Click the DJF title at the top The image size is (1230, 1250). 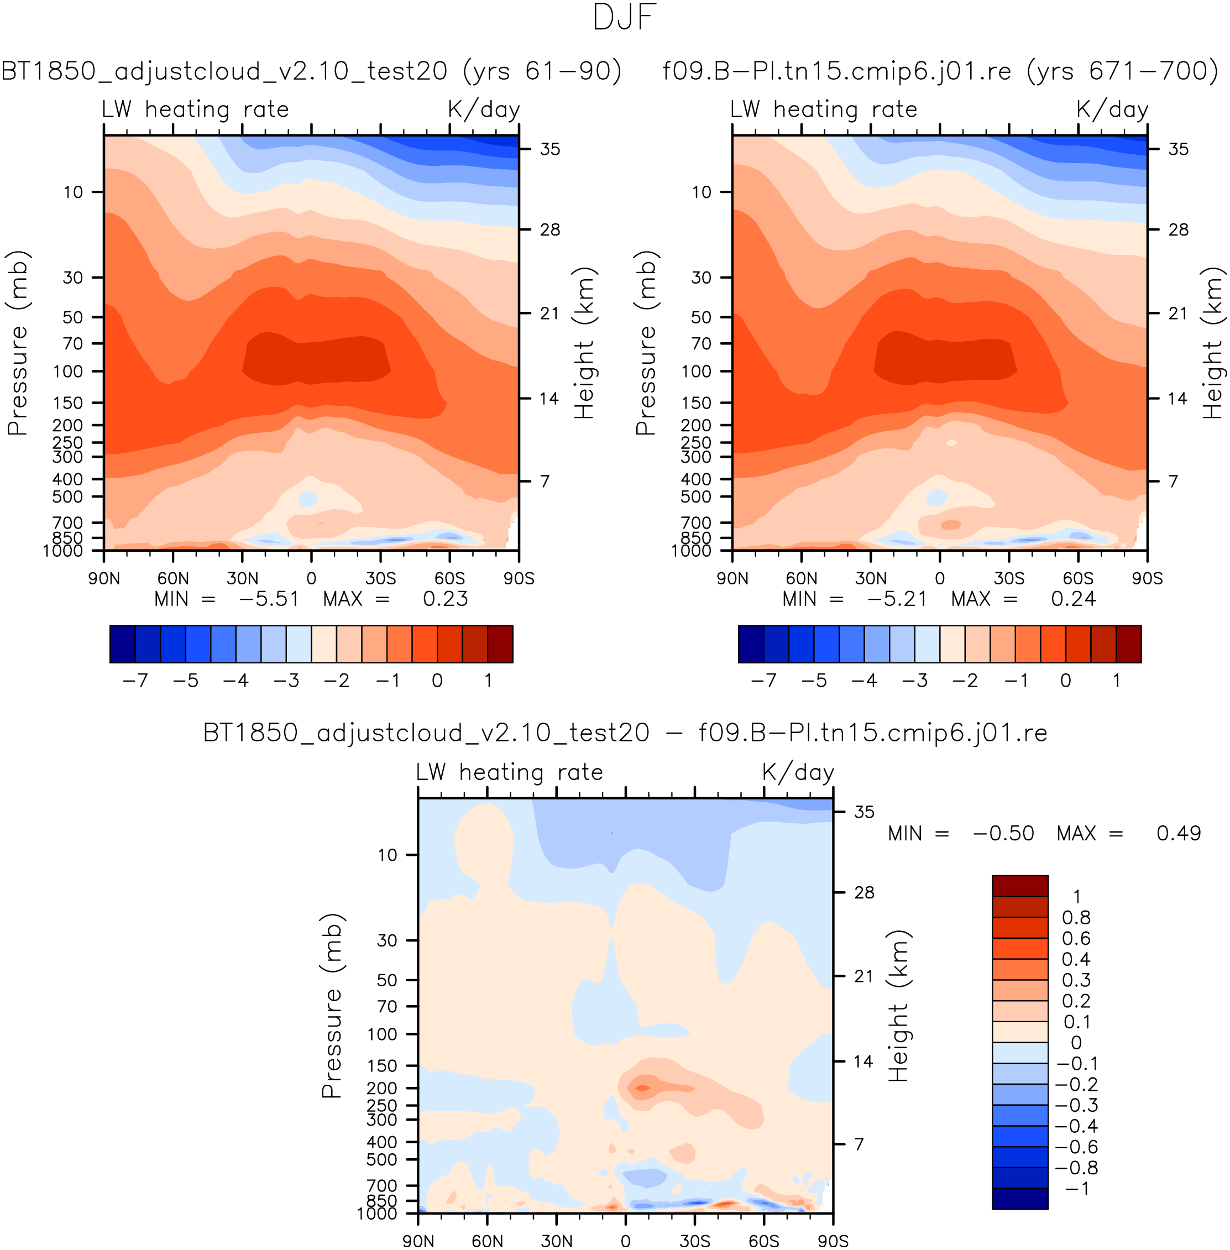(x=624, y=18)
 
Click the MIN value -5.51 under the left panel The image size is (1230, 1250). (x=269, y=599)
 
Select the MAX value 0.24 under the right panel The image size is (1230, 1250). (x=1073, y=599)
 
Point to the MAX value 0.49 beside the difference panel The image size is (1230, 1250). (x=1179, y=833)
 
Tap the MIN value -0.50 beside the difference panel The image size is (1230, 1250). (x=1003, y=833)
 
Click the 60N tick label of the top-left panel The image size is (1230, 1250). (x=173, y=578)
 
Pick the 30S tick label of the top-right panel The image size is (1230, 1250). (x=1009, y=578)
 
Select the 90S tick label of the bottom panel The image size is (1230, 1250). (x=833, y=1241)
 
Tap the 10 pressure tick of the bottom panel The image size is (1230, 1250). (x=387, y=855)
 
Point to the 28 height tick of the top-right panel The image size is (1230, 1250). (x=1179, y=230)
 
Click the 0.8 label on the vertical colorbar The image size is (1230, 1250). (x=1076, y=917)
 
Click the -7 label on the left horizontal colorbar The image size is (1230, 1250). (x=135, y=680)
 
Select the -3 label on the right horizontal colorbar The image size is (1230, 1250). (x=915, y=680)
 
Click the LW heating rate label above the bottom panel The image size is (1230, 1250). (x=509, y=772)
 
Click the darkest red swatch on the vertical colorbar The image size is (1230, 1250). (x=1019, y=886)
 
